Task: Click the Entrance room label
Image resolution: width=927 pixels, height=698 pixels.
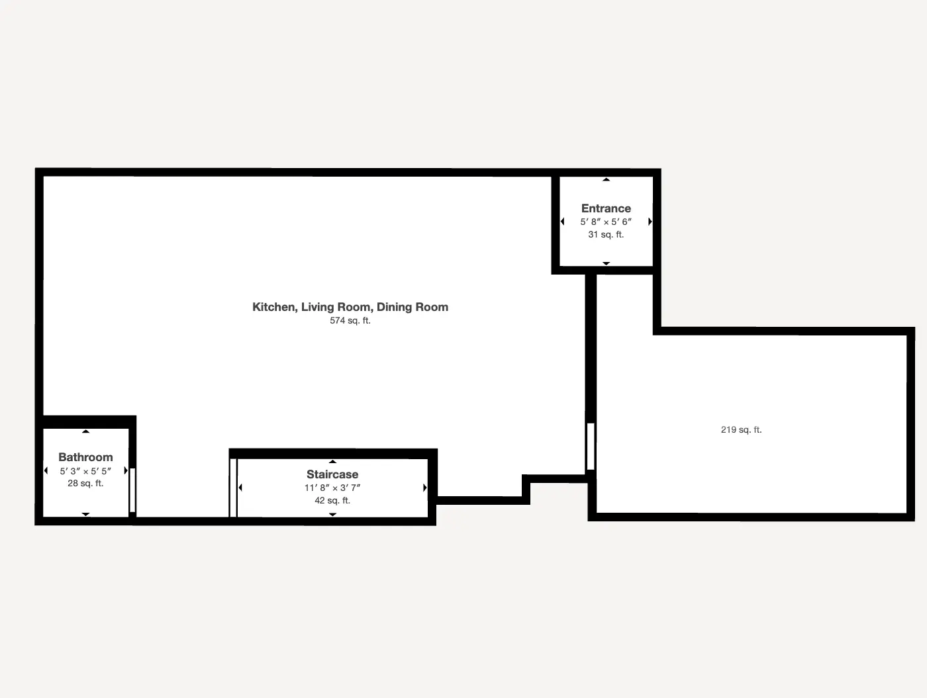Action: coord(606,208)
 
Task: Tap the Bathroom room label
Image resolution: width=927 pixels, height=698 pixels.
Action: coord(85,457)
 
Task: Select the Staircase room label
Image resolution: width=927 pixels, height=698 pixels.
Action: coord(332,474)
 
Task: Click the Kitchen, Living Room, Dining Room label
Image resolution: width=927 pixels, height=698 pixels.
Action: coord(350,307)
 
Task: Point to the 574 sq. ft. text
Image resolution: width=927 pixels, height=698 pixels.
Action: coord(350,321)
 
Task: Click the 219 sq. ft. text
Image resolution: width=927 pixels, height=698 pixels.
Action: coord(741,430)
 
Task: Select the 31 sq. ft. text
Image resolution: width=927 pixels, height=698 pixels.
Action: coord(606,235)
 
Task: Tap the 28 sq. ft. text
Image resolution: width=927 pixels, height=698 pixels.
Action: coord(85,484)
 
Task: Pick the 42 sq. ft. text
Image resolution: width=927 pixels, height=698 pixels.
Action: coord(332,501)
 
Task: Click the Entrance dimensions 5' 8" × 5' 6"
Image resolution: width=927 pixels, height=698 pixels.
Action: coord(606,222)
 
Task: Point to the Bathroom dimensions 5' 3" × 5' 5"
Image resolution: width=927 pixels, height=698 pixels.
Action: coord(85,471)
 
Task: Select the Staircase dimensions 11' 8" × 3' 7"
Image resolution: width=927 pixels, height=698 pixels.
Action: coord(332,488)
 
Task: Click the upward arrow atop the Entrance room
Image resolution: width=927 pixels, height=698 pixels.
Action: coord(606,179)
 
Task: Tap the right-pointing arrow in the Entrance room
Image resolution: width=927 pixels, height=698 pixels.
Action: coord(650,222)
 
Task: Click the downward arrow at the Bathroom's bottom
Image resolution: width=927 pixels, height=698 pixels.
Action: coord(85,514)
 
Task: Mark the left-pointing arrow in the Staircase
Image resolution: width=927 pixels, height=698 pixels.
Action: coord(240,488)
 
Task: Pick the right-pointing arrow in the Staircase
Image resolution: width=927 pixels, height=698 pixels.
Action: coord(424,488)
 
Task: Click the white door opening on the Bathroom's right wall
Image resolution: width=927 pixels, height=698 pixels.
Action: coord(132,490)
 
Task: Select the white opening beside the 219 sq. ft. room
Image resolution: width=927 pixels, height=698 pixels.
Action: coord(591,447)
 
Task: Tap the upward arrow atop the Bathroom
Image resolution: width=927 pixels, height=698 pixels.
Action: coord(85,431)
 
